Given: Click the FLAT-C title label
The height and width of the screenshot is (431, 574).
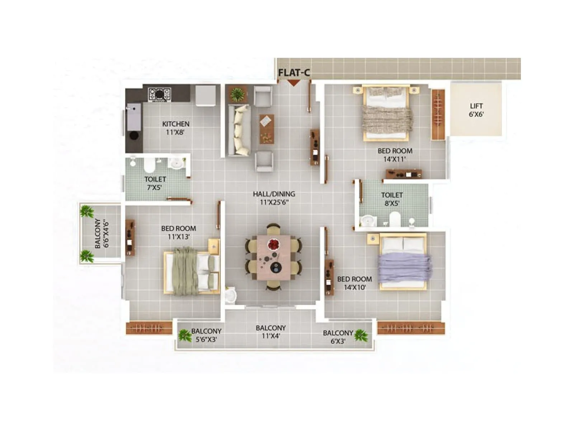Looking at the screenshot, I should (294, 73).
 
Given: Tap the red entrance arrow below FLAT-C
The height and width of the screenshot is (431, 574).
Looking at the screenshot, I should (294, 83).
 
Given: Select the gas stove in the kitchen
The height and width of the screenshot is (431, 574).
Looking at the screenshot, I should (160, 94).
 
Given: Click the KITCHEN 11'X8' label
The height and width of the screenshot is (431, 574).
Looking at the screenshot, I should (175, 128).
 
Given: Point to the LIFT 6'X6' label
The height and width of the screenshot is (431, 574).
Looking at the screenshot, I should (476, 110).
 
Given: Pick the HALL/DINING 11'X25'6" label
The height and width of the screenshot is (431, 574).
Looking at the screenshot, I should (274, 198).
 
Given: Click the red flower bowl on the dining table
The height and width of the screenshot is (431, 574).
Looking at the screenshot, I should (274, 245).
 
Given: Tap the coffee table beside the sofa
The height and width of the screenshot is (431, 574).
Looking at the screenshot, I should (267, 129).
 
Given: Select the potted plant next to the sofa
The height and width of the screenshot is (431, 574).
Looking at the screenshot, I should (237, 94).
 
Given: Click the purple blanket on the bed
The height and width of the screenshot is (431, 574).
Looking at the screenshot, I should (404, 268).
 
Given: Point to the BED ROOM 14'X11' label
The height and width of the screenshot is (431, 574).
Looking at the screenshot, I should (395, 155).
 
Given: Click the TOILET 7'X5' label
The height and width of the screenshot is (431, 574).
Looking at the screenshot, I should (155, 183).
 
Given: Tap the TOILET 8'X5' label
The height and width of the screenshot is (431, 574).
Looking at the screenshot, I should (392, 199).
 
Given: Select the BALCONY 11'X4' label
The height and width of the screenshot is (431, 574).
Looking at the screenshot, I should (271, 332).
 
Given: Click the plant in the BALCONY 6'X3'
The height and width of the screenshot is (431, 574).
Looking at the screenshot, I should (361, 335).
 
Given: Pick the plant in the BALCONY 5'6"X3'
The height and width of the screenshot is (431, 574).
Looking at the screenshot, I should (185, 335).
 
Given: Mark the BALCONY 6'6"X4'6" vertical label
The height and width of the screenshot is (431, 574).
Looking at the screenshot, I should (102, 233).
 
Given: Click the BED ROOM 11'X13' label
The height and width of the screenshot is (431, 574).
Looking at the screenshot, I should (179, 232).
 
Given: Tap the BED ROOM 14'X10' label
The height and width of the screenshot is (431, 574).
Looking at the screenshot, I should (354, 283).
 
